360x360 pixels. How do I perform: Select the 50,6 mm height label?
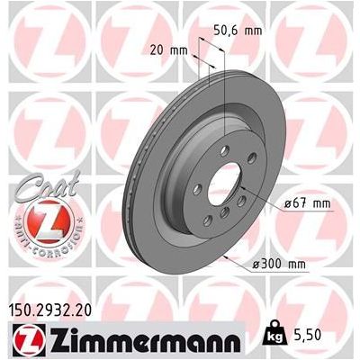(243, 29)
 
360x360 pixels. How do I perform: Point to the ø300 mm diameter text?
(283, 264)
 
